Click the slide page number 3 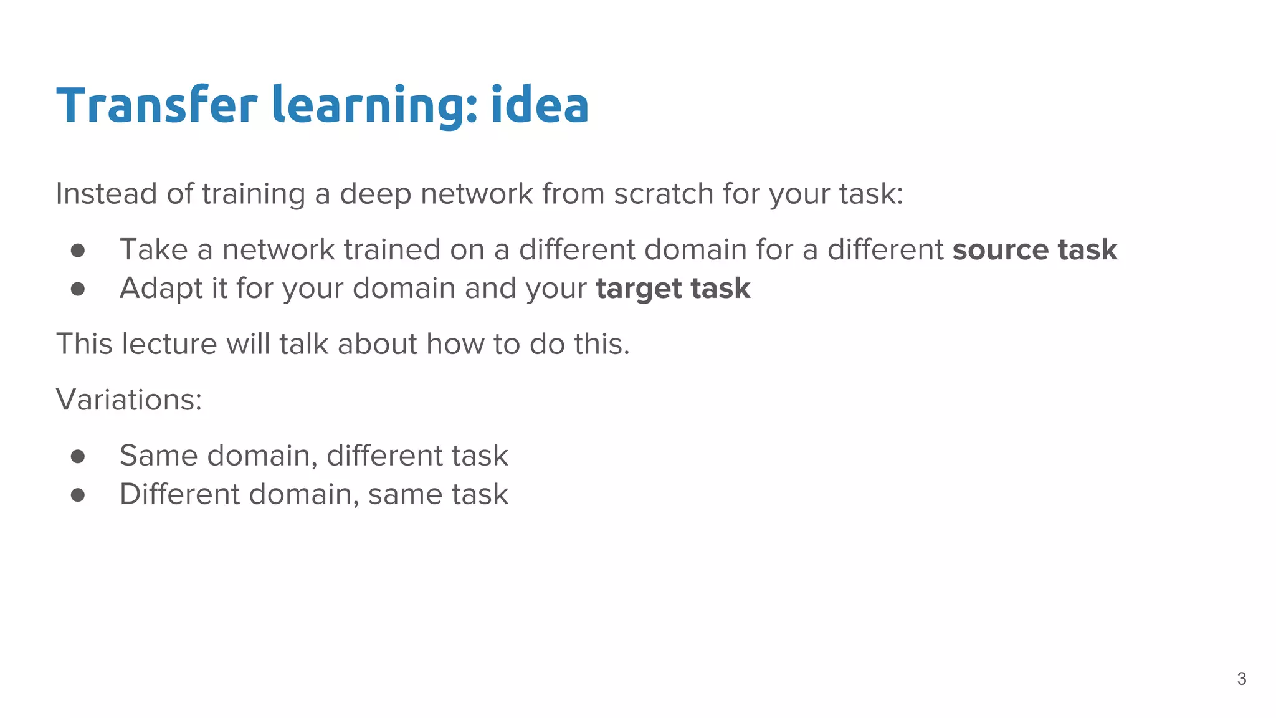click(1241, 679)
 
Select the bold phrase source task click(1034, 250)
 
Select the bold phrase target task click(673, 289)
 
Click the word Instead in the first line click(106, 194)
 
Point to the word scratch click(663, 194)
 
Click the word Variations click(128, 400)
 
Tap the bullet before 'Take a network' click(78, 251)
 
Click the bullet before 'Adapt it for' click(78, 289)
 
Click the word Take click(153, 250)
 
